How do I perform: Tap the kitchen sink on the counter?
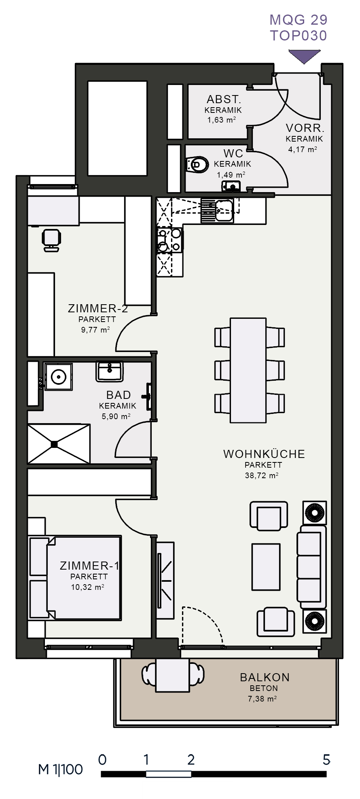pyautogui.click(x=218, y=210)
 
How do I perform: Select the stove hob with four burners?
pyautogui.click(x=170, y=240)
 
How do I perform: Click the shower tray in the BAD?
pyautogui.click(x=59, y=444)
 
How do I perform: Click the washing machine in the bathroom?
pyautogui.click(x=59, y=377)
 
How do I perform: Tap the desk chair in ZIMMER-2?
pyautogui.click(x=51, y=241)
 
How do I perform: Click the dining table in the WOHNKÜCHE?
pyautogui.click(x=248, y=370)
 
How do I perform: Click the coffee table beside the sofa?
pyautogui.click(x=266, y=567)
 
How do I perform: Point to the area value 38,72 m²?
pyautogui.click(x=262, y=475)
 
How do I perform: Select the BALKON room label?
pyautogui.click(x=265, y=677)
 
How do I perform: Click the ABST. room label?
pyautogui.click(x=224, y=99)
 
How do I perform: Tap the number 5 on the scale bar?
pyautogui.click(x=326, y=760)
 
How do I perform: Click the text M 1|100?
pyautogui.click(x=60, y=769)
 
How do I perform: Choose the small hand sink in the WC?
pyautogui.click(x=231, y=186)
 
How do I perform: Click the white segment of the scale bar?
pyautogui.click(x=168, y=774)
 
